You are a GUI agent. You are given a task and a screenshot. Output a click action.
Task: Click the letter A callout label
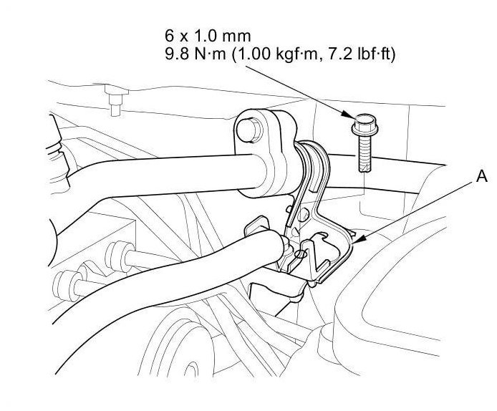tap(482, 176)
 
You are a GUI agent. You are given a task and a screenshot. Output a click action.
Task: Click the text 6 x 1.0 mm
tap(208, 36)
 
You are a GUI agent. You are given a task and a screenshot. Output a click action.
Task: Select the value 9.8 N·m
tap(196, 54)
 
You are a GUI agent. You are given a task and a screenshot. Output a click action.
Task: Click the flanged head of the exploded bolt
tap(365, 125)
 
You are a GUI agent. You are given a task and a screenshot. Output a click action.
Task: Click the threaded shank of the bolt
tap(365, 153)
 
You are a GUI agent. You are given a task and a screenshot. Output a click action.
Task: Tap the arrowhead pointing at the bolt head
tap(348, 115)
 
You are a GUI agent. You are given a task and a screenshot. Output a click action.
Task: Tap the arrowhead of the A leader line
tap(357, 241)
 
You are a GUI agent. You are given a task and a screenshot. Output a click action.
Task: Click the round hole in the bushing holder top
tap(249, 130)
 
